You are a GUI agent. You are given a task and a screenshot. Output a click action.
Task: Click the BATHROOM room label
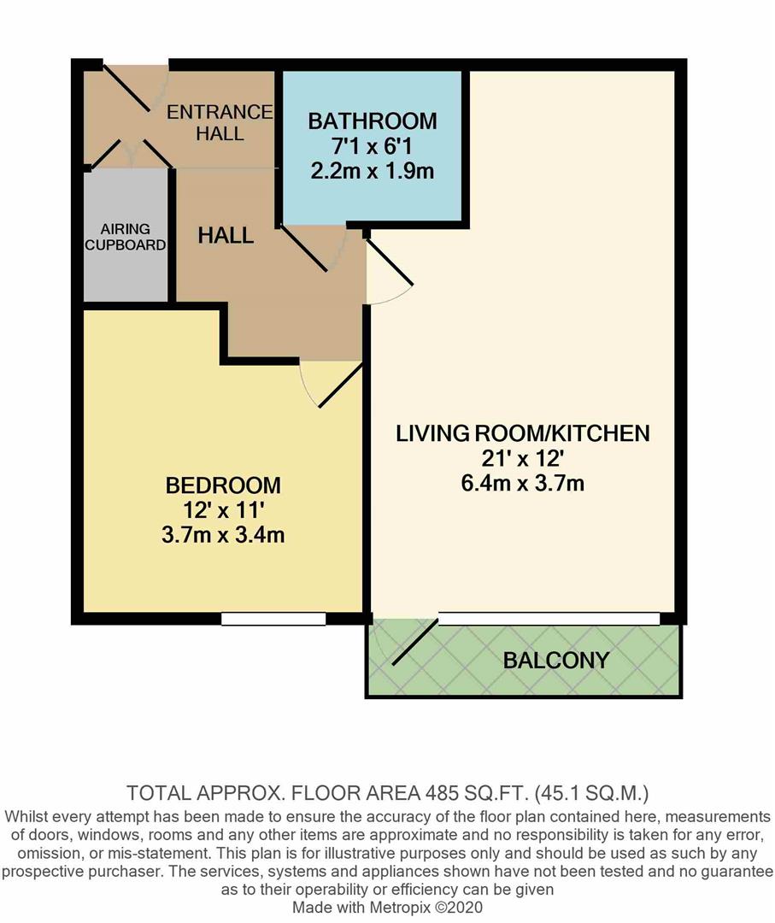(372, 121)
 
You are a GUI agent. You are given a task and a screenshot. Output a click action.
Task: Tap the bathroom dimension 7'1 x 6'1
(372, 145)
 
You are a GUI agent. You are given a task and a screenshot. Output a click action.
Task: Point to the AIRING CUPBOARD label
(126, 237)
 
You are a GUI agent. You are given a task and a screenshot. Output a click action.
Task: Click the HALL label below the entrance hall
(226, 236)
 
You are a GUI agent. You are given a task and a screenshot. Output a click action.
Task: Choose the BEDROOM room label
(223, 486)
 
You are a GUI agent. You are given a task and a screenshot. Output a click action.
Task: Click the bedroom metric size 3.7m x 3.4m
(223, 536)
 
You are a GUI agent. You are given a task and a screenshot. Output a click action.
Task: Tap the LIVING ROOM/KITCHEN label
(522, 433)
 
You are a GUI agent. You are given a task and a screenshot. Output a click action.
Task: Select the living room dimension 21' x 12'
(522, 459)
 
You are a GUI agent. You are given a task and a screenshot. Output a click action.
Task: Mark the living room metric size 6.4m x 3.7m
(522, 484)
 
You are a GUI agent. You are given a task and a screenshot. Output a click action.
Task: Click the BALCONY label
(556, 660)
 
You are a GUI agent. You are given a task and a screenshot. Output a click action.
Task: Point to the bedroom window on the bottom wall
(273, 619)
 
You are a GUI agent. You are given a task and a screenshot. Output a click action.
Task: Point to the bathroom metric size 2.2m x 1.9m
(372, 170)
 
